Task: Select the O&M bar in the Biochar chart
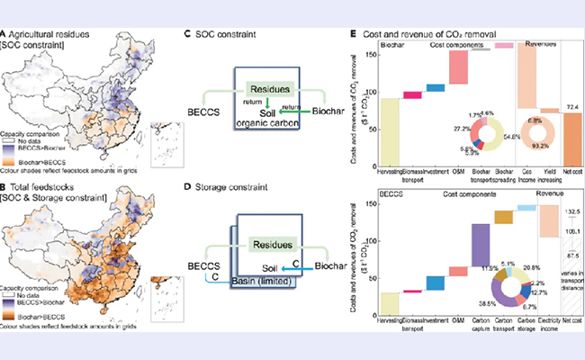coord(458,67)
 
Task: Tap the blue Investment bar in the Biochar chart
coord(436,87)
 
